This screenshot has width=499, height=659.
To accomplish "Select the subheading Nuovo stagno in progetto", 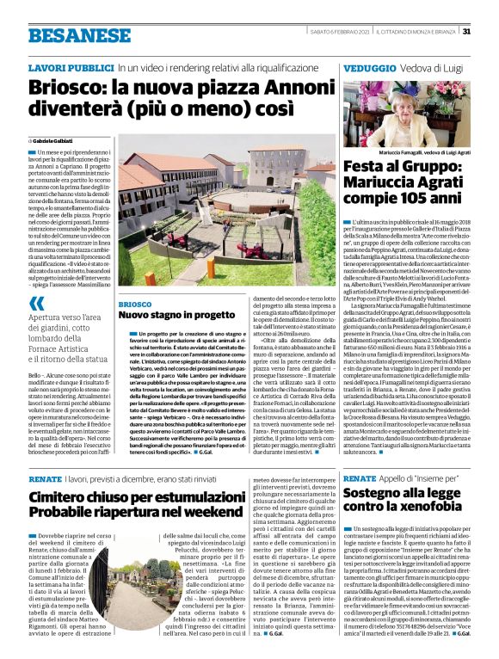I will (176, 315).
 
